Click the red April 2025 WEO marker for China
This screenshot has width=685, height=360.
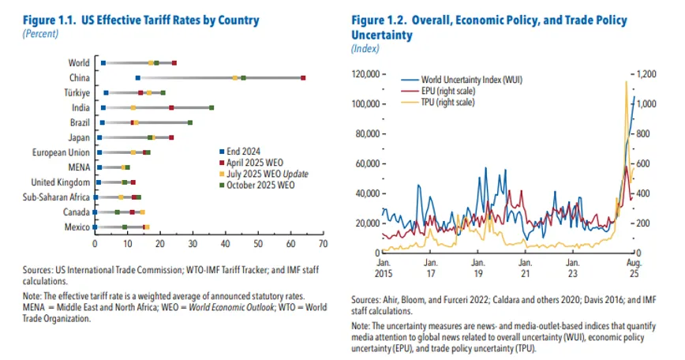pyautogui.click(x=303, y=77)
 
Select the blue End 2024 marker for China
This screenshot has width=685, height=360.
pyautogui.click(x=137, y=77)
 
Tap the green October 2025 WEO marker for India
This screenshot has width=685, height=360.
pyautogui.click(x=211, y=107)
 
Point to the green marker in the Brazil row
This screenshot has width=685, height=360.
pyautogui.click(x=190, y=122)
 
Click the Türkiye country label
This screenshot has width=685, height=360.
pyautogui.click(x=76, y=92)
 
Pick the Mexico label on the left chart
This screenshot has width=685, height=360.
pyautogui.click(x=77, y=227)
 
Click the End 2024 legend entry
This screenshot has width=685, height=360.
pyautogui.click(x=245, y=151)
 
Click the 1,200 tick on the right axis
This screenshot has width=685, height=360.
pyautogui.click(x=647, y=74)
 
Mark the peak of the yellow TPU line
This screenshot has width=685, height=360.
pyautogui.click(x=626, y=81)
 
